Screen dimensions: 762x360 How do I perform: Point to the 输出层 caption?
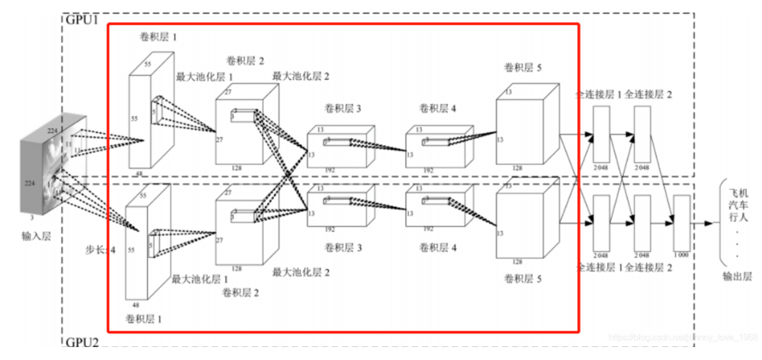735,277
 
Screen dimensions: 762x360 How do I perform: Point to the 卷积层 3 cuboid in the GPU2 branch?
339,207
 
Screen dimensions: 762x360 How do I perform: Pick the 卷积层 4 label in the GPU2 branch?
438,247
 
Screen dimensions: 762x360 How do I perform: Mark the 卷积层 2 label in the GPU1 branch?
246,60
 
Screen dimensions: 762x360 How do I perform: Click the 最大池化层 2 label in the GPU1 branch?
301,76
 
